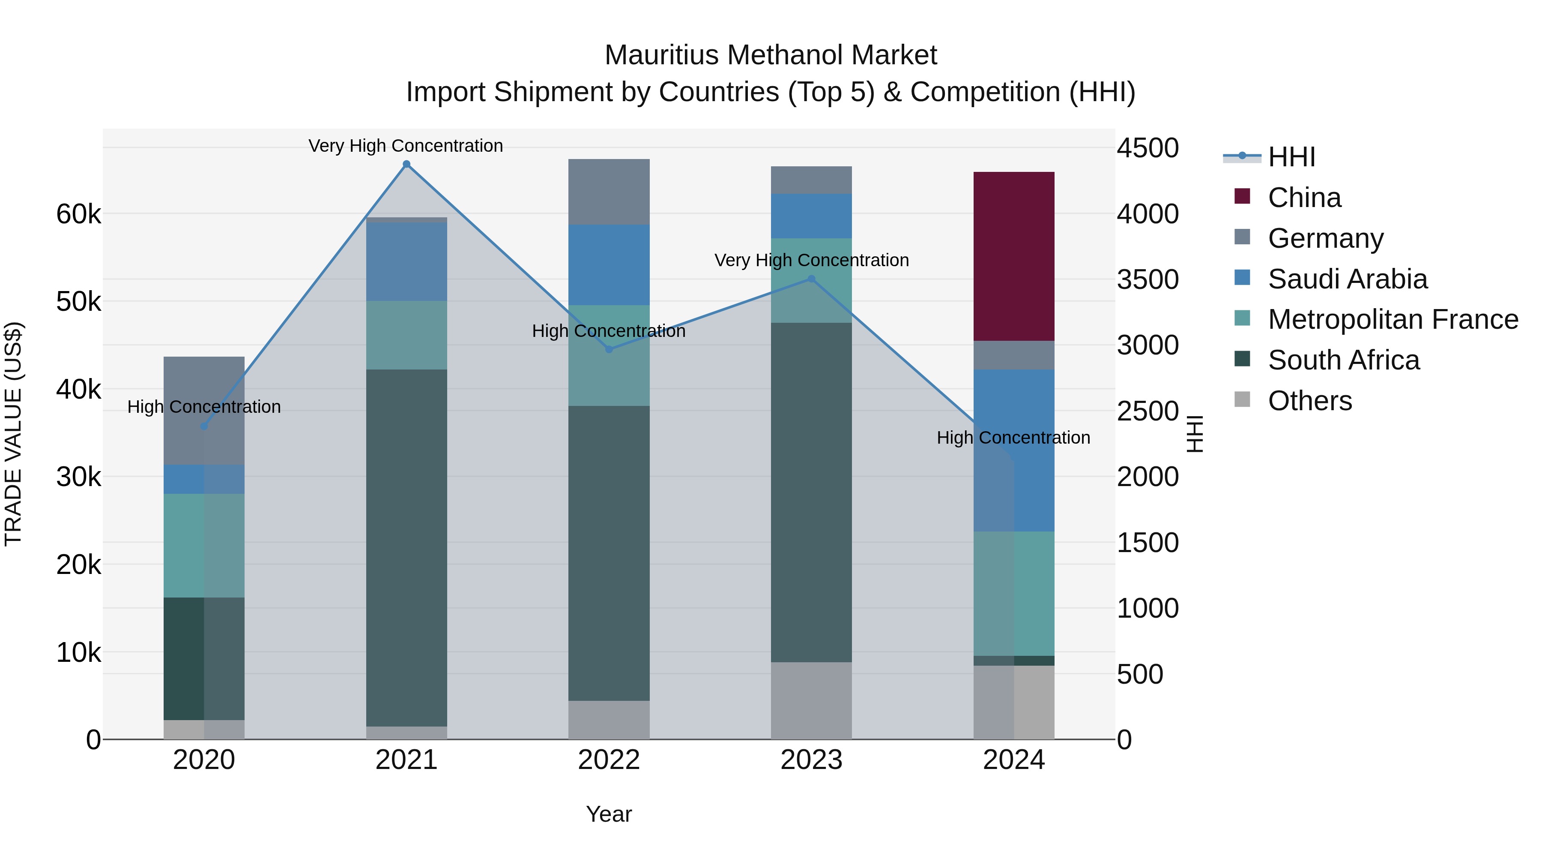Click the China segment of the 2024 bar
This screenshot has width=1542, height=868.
1013,256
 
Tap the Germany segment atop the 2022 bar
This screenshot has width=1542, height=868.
609,192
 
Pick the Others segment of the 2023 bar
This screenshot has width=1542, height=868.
811,700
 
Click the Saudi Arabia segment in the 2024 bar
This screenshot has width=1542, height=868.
1013,450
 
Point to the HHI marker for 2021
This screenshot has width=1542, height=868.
406,164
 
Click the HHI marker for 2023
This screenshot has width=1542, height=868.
811,279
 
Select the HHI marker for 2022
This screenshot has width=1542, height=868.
609,349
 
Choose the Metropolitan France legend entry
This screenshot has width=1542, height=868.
1393,319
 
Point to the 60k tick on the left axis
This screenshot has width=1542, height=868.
78,214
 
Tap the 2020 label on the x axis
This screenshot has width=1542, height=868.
203,760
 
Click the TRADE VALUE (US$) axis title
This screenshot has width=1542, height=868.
13,434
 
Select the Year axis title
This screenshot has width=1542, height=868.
609,814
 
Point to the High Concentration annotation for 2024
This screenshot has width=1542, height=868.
1013,438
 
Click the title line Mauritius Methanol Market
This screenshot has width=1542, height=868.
771,55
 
